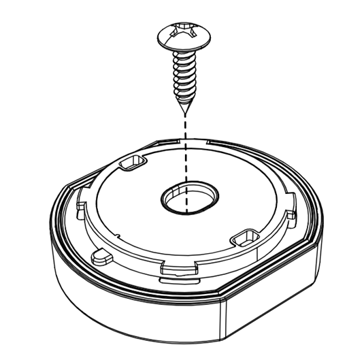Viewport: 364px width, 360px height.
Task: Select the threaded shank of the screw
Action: click(184, 75)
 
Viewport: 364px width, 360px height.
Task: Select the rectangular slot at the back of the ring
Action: click(133, 163)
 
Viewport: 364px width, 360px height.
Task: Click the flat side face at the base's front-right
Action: click(272, 310)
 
